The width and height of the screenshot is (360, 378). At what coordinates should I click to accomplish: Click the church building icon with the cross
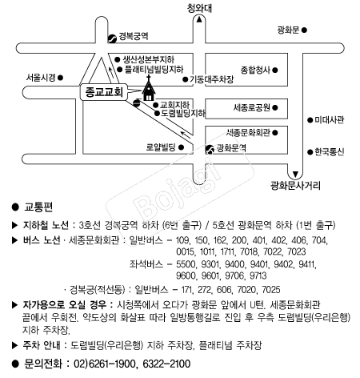click(x=149, y=89)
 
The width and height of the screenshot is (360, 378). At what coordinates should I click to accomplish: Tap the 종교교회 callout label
click(x=104, y=92)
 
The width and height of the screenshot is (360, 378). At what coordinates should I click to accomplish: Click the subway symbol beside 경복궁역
click(x=112, y=38)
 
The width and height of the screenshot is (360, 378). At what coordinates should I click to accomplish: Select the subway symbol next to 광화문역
click(x=210, y=149)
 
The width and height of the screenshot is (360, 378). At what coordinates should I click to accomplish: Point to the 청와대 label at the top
click(x=199, y=8)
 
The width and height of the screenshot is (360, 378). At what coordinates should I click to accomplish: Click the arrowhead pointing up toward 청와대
click(x=199, y=19)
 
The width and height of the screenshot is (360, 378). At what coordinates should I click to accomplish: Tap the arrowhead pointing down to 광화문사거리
click(x=295, y=175)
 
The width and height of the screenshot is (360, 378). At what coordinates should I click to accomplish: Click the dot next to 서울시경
click(x=61, y=78)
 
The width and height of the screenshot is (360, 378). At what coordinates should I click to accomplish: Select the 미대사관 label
click(x=330, y=120)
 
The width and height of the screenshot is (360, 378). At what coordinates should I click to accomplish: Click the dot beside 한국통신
click(x=310, y=152)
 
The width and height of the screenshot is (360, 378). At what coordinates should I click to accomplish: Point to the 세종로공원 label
click(x=252, y=107)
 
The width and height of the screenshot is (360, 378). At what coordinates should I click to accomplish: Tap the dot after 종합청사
click(x=275, y=70)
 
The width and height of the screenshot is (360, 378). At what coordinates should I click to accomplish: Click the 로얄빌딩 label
click(x=161, y=147)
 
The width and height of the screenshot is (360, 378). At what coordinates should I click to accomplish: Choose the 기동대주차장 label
click(x=211, y=79)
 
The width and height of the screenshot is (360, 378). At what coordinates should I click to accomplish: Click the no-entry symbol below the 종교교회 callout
click(x=136, y=103)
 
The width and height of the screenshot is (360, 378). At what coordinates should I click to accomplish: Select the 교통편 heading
click(x=38, y=207)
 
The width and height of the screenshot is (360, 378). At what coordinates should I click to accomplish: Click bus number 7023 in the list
click(x=297, y=251)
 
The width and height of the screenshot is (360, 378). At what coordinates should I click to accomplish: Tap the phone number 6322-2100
click(x=166, y=364)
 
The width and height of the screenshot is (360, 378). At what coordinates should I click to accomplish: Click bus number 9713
click(x=258, y=275)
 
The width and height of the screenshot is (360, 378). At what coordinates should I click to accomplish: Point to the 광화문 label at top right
click(x=288, y=30)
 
